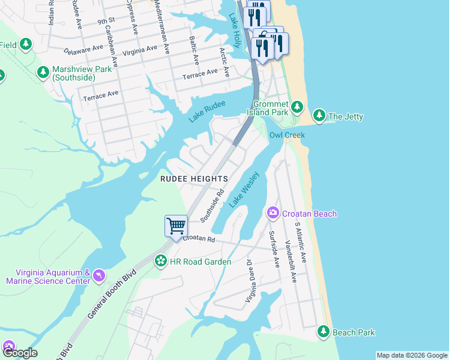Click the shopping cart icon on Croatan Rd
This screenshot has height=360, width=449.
[176, 227]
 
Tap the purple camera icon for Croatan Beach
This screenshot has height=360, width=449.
[273, 213]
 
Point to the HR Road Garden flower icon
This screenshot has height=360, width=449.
[160, 261]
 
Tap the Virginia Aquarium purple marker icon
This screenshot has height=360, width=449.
[98, 275]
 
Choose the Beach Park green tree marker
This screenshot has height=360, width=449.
[324, 331]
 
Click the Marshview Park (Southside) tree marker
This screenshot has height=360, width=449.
[43, 73]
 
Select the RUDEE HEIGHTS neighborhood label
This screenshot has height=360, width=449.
[193, 179]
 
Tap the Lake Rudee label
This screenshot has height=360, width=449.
[207, 112]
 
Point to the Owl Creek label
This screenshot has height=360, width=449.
[287, 135]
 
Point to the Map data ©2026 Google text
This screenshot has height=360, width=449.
[411, 355]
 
